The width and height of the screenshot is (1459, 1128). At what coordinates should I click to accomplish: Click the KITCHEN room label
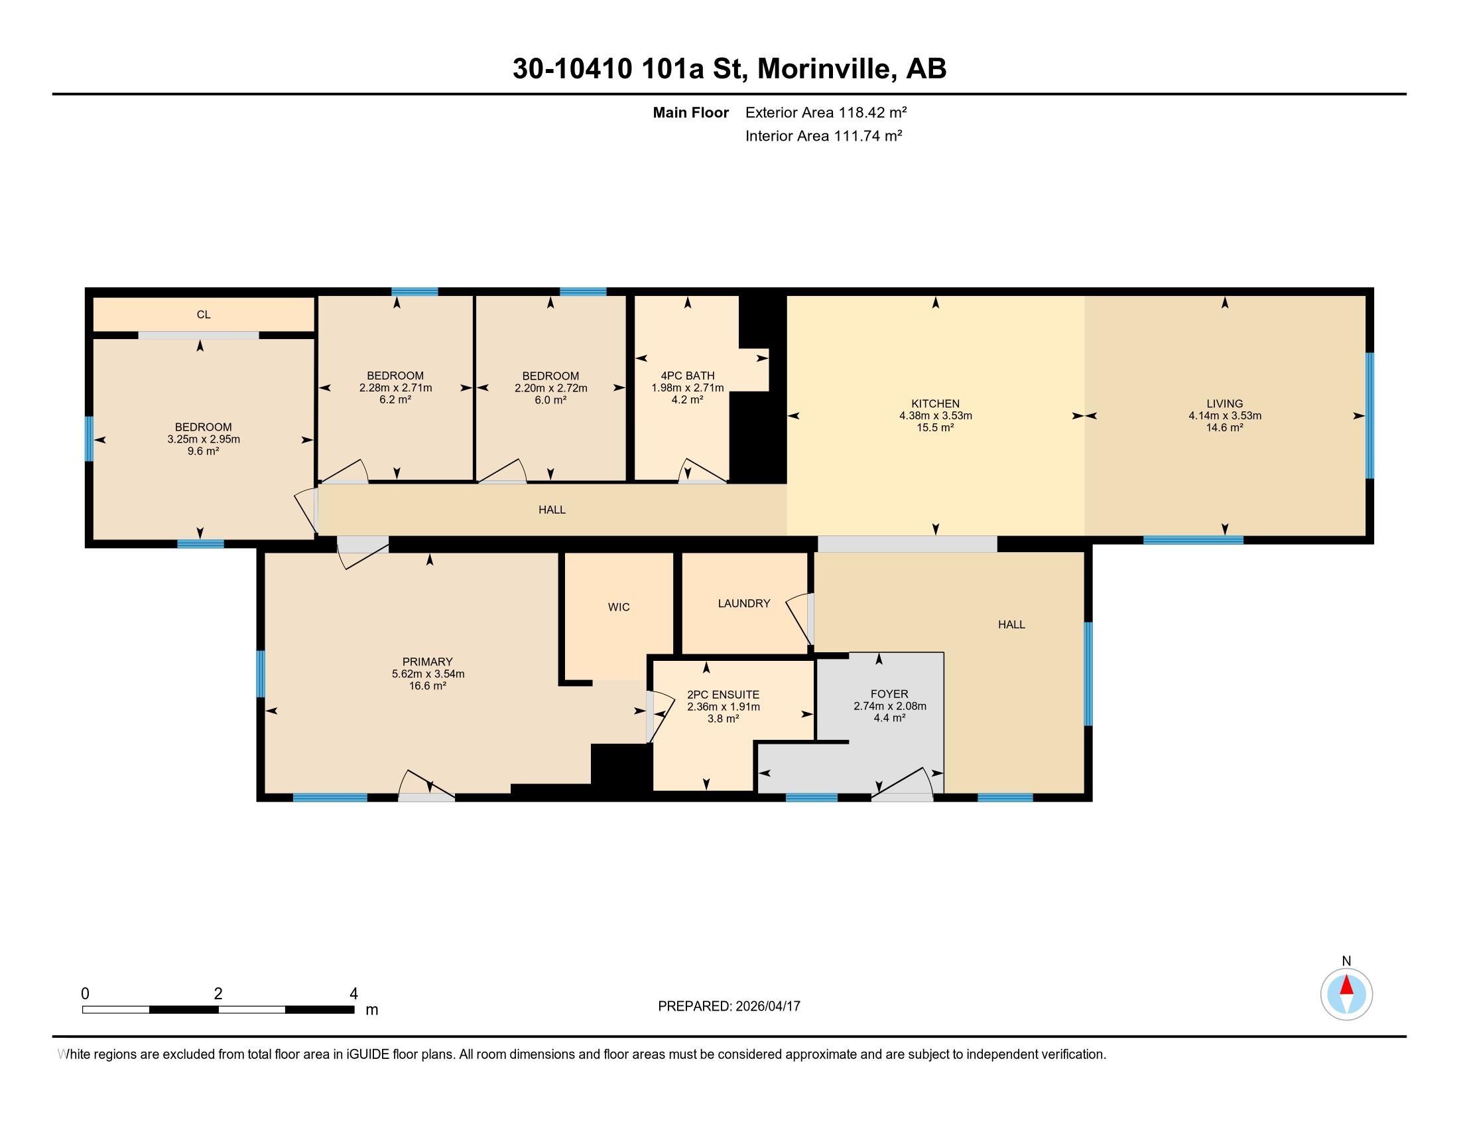pos(935,403)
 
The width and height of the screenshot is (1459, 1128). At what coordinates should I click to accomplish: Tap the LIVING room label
pos(1224,403)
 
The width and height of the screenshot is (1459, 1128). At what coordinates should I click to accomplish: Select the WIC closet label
pos(619,606)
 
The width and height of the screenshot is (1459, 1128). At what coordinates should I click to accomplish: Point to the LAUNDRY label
pos(744,602)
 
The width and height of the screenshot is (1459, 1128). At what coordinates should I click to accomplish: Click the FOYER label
pos(890,693)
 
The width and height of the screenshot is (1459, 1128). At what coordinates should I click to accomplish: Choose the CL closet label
pos(204,314)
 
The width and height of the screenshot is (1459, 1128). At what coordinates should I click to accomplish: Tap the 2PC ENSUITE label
pos(724,694)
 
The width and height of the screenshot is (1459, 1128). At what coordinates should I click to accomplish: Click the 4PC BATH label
pos(688,376)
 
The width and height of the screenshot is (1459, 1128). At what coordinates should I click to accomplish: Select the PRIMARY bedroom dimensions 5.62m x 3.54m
pos(428,673)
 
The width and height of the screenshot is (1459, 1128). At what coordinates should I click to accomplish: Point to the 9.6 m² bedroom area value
pos(203,451)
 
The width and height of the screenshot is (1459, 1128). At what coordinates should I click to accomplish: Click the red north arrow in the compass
pos(1347,985)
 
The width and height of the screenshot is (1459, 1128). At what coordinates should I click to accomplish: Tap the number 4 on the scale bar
pos(353,994)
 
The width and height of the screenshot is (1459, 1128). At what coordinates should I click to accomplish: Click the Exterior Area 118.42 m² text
pos(826,112)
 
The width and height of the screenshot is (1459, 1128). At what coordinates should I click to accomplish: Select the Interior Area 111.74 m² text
pos(824,135)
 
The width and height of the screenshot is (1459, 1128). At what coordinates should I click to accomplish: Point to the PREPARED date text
pos(729,1006)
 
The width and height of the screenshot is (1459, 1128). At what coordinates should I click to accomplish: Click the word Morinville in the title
pos(826,69)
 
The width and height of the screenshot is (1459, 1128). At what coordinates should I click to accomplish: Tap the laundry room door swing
pos(799,619)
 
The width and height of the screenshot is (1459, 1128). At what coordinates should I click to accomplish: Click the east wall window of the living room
pos(1369,415)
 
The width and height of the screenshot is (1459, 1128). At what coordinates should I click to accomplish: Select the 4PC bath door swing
pos(702,470)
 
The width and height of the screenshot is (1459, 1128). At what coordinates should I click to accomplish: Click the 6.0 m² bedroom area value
pos(550,399)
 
